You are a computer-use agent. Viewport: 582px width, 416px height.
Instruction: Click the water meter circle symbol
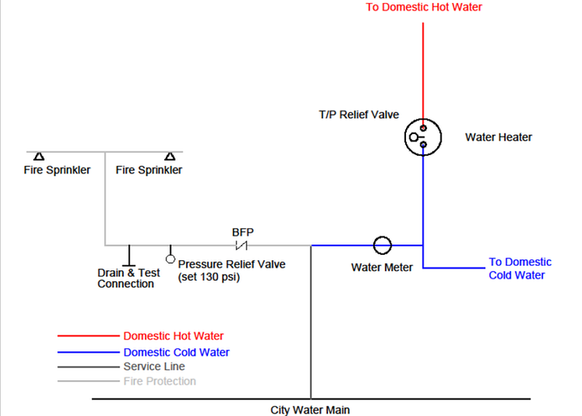(x=382, y=245)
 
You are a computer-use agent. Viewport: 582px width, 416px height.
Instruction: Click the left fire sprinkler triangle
(x=39, y=156)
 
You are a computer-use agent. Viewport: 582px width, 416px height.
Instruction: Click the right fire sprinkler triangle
(x=170, y=156)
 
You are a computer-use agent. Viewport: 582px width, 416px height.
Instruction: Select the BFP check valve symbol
(x=242, y=245)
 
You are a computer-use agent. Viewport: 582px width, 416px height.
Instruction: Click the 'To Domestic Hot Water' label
(x=423, y=7)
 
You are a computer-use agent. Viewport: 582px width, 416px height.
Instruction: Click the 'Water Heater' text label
(x=498, y=137)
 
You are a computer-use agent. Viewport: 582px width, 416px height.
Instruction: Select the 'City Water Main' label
(x=310, y=410)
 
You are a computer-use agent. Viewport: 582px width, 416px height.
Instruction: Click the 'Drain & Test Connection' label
(x=128, y=278)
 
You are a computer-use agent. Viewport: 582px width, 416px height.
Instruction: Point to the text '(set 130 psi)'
(x=209, y=278)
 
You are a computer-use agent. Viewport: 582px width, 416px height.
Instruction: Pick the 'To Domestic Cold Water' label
(x=519, y=268)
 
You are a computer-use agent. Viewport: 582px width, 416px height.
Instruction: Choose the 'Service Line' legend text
(x=154, y=366)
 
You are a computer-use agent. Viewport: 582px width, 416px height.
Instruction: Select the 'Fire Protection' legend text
(x=159, y=381)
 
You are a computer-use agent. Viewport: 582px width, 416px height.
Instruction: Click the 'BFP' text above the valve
(x=242, y=232)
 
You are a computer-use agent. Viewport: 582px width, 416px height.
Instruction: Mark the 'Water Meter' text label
(x=382, y=267)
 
